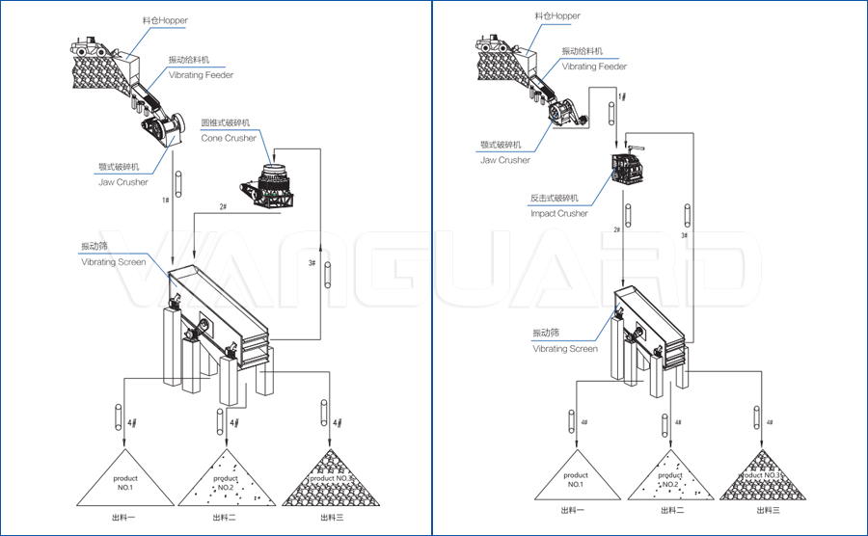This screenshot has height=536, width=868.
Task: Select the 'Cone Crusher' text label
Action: [x=229, y=138]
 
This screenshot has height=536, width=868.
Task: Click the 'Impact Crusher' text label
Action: [x=559, y=213]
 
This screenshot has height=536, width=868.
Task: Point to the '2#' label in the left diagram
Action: [x=223, y=207]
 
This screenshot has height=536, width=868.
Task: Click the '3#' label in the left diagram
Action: [x=312, y=262]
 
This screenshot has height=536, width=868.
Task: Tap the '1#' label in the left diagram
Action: [x=165, y=200]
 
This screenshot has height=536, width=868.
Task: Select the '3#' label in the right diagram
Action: [x=684, y=235]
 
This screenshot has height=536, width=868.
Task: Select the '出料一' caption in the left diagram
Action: [x=121, y=518]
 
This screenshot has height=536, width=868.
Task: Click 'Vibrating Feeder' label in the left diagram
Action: [x=201, y=74]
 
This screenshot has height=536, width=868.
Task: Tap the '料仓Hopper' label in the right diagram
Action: [x=557, y=16]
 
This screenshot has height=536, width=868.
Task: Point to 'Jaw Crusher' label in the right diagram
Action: [x=505, y=160]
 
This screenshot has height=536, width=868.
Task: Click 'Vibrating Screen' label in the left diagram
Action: [x=113, y=262]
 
